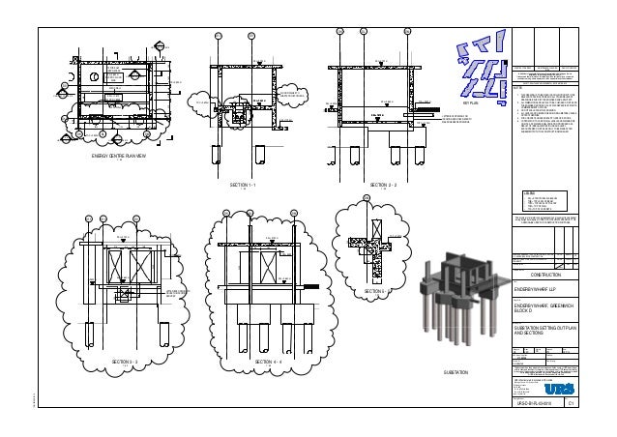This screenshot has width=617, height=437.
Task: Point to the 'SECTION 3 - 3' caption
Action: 125,361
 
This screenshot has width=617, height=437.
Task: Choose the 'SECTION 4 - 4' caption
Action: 267,361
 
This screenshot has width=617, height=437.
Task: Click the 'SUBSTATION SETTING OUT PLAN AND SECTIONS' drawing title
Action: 544,332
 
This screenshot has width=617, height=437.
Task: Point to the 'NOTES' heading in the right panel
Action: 519,87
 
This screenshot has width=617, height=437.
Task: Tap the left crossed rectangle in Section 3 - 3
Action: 102,263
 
